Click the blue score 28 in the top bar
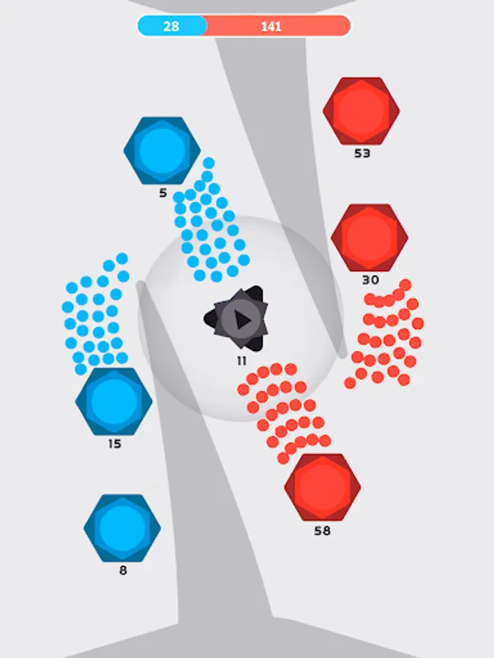(x=171, y=26)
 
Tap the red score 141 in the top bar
(x=271, y=26)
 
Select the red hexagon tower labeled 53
(x=362, y=110)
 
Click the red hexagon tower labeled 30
(x=370, y=238)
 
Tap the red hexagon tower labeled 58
(x=323, y=487)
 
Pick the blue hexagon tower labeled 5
(x=162, y=150)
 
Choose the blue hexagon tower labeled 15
(x=114, y=401)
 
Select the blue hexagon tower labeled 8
(x=122, y=528)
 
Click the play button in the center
(x=240, y=319)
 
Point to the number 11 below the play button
(x=242, y=360)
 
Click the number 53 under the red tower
(x=362, y=154)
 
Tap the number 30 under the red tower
(x=370, y=280)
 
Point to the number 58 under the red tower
(x=322, y=531)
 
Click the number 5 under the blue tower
(x=162, y=194)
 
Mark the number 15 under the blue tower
(x=114, y=444)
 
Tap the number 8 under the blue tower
(x=123, y=570)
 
